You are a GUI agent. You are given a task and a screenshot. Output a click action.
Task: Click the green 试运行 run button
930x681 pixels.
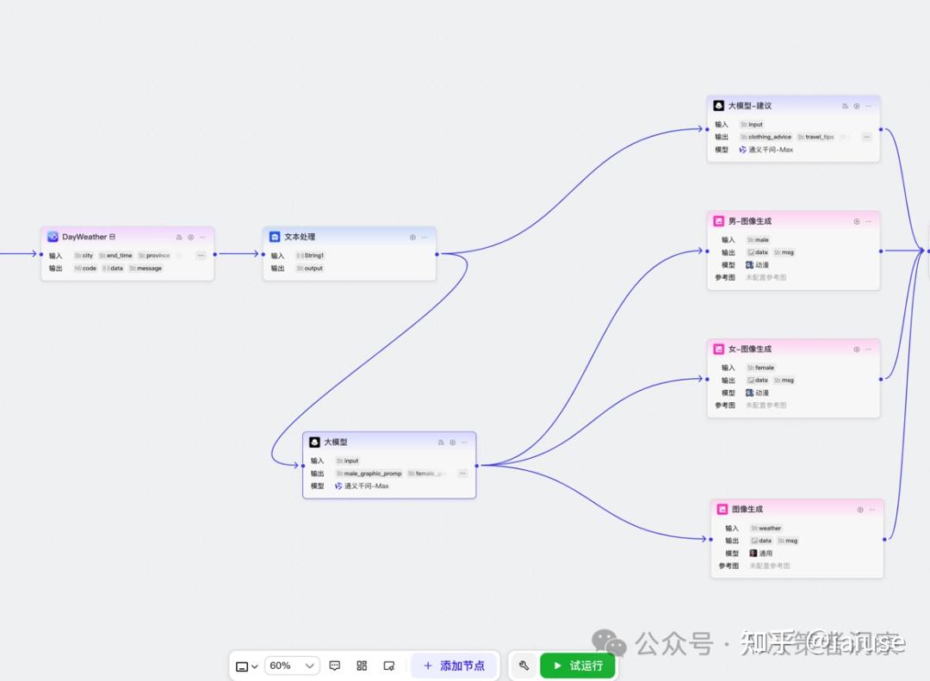coord(577,666)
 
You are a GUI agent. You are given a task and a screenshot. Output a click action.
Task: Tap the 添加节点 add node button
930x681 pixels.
coord(454,666)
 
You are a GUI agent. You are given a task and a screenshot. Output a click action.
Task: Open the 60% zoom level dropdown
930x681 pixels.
coord(292,666)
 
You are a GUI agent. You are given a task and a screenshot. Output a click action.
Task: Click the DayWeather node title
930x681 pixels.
coord(84,237)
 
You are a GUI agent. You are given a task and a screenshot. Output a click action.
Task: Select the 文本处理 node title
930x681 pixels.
coord(300,237)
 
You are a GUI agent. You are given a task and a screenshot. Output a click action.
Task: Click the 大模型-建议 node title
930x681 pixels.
coord(750,106)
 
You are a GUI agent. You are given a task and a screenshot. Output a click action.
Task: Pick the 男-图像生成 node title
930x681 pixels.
coord(750,221)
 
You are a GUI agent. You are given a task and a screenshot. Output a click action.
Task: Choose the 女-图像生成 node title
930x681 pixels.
coord(750,350)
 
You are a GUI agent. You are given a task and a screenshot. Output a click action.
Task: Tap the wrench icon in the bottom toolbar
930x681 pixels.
coord(524,666)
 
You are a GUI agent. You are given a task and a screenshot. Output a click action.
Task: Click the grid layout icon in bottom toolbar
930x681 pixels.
coord(362,666)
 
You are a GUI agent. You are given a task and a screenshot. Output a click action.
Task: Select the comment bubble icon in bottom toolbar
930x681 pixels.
coord(335,666)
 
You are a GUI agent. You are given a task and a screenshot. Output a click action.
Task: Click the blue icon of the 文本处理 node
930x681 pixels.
coord(275,237)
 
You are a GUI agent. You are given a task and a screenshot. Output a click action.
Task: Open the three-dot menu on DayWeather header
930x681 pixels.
coord(203,237)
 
